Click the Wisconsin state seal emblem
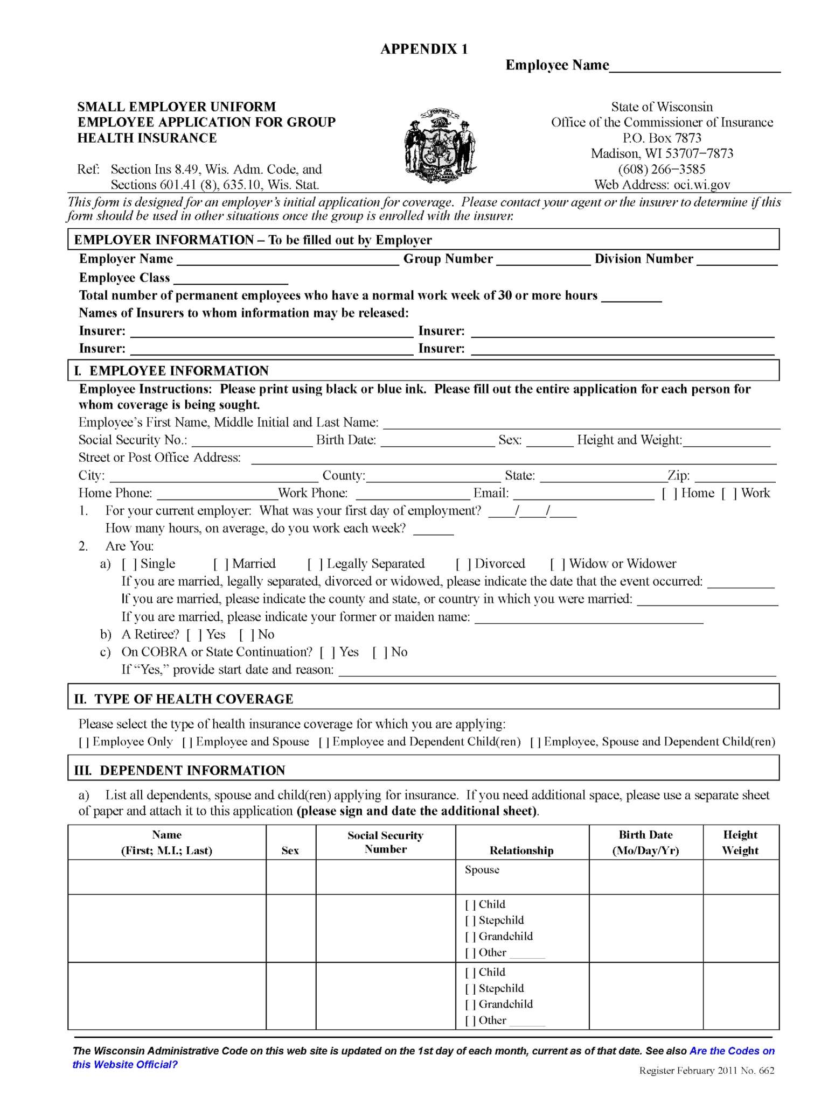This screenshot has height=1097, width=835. [440, 146]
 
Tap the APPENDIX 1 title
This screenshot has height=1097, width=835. [424, 50]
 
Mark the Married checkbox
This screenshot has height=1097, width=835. [219, 564]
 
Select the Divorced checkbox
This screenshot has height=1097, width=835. [462, 564]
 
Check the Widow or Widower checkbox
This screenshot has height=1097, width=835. [556, 564]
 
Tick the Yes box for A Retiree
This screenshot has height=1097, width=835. [193, 635]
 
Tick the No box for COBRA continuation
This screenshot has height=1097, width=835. [379, 652]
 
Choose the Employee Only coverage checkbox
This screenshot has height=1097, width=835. [84, 742]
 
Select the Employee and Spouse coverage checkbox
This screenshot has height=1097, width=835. [187, 742]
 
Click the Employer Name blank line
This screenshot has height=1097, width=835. [288, 261]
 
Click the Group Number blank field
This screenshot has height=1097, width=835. [543, 261]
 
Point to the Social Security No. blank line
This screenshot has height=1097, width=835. [252, 442]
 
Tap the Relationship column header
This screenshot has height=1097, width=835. [521, 850]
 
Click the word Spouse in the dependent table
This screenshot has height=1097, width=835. [482, 870]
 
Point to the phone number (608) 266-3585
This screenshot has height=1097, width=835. [661, 170]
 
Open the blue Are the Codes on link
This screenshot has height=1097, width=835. [732, 1051]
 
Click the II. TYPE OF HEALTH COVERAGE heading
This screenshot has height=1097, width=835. [184, 699]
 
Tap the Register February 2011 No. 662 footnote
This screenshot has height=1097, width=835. [706, 1071]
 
